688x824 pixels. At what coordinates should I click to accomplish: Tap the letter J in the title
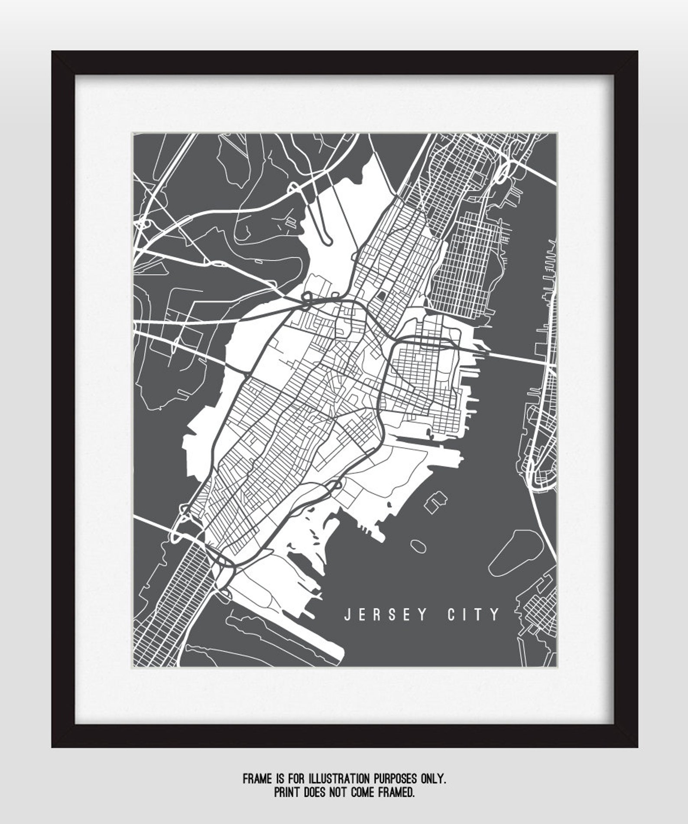tap(347, 615)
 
